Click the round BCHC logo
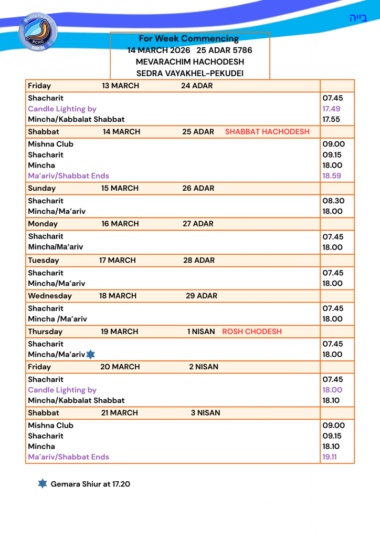(x=38, y=32)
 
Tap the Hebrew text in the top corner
(x=358, y=18)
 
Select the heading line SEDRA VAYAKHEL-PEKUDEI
(x=189, y=73)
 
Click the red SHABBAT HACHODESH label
(x=267, y=132)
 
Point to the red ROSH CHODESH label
(x=252, y=332)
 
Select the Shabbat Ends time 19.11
(x=330, y=457)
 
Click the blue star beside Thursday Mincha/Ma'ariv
(x=90, y=355)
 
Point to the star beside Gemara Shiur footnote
(x=43, y=483)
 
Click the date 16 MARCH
(x=120, y=224)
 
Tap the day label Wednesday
(x=50, y=296)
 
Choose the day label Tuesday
(x=44, y=260)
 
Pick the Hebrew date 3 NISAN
(x=205, y=413)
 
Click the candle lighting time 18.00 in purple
(x=332, y=390)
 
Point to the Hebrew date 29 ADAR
(x=201, y=296)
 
